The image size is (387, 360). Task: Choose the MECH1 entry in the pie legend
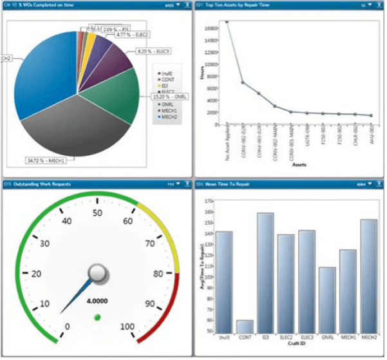(x=170, y=110)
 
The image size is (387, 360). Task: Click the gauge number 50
(x=97, y=213)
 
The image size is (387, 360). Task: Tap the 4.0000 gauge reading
(x=97, y=300)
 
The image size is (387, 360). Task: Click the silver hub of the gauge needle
(x=97, y=274)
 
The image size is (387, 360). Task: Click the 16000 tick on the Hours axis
(x=211, y=28)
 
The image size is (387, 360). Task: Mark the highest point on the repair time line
(x=227, y=22)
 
